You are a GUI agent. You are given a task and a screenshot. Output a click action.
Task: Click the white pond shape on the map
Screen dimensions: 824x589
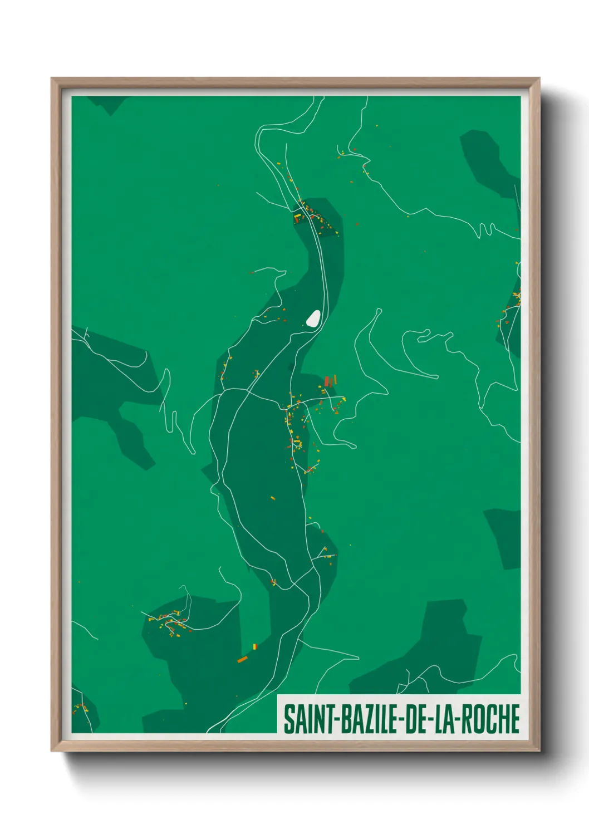[x=313, y=318]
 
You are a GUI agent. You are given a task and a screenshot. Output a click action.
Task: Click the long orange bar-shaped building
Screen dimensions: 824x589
[x=242, y=659]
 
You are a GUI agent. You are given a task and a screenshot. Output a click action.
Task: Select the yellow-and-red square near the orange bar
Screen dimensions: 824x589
[x=255, y=646]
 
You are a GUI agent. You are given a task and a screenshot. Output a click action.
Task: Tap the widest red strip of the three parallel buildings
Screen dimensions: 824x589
[x=327, y=382]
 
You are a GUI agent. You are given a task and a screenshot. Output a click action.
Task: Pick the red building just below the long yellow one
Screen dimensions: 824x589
[x=297, y=220]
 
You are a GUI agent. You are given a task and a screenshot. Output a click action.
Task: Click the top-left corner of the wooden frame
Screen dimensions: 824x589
[x=52, y=79]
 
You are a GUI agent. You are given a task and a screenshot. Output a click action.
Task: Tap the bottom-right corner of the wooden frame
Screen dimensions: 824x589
[x=539, y=751]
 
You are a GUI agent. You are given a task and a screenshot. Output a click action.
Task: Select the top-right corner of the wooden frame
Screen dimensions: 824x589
[x=539, y=79]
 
